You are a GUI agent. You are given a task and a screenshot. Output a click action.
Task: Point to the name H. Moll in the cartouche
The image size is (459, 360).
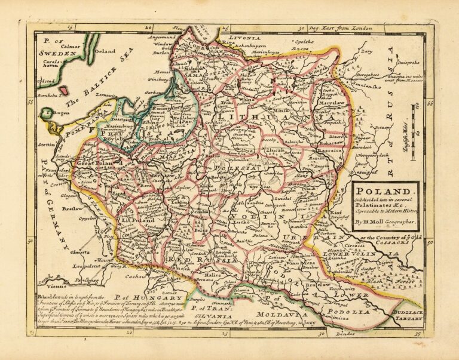click(x=375, y=222)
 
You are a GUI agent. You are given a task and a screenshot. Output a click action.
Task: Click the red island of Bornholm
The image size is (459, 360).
click(x=62, y=90)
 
